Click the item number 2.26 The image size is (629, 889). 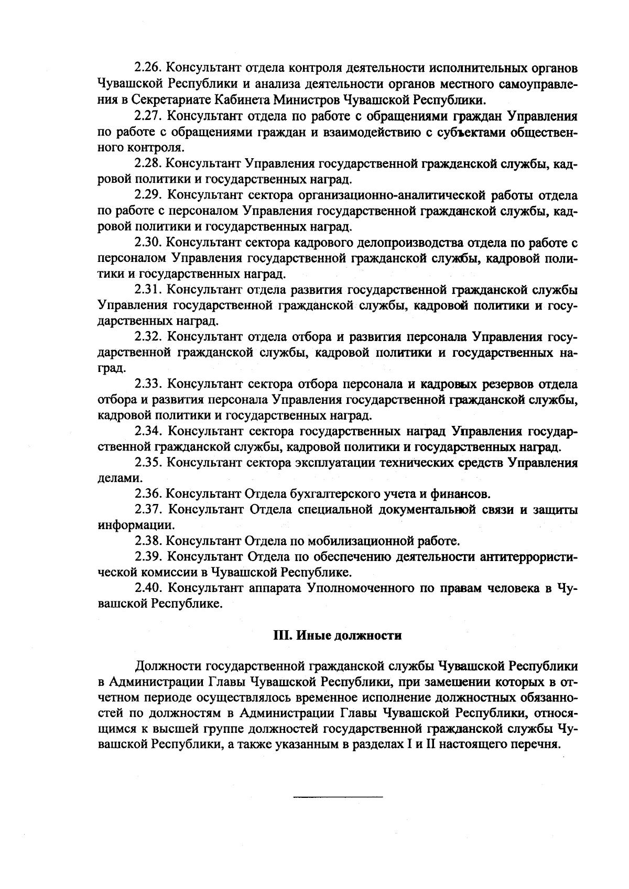point(149,68)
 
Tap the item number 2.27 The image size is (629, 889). point(149,116)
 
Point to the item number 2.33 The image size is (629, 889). point(149,384)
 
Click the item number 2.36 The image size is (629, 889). point(149,493)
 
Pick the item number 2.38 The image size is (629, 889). point(149,540)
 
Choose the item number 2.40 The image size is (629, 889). point(149,588)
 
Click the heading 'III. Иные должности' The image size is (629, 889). point(338,635)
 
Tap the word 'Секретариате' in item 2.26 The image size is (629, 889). point(169,100)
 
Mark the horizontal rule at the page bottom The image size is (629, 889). point(338,797)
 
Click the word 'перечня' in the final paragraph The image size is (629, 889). point(538,744)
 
